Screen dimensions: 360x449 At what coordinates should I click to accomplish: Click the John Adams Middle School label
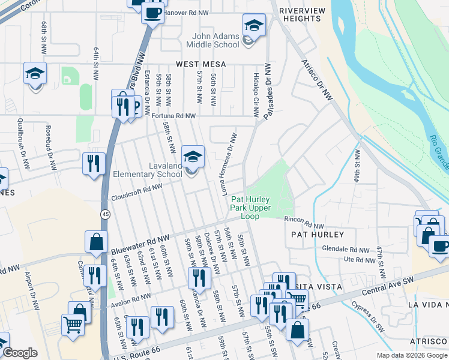[212, 40]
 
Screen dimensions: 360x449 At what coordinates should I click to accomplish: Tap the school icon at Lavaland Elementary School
[193, 157]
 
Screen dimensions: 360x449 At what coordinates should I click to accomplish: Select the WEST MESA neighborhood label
[201, 64]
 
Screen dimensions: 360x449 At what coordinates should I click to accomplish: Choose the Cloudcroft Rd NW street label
[137, 191]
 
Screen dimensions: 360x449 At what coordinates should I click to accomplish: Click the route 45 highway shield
[105, 214]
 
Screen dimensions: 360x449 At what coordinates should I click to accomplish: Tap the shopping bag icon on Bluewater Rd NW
[97, 242]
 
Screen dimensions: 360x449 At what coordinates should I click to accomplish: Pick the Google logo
[20, 353]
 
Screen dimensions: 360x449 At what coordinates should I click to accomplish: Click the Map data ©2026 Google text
[411, 355]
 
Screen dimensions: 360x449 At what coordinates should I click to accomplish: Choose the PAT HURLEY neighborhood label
[318, 234]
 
